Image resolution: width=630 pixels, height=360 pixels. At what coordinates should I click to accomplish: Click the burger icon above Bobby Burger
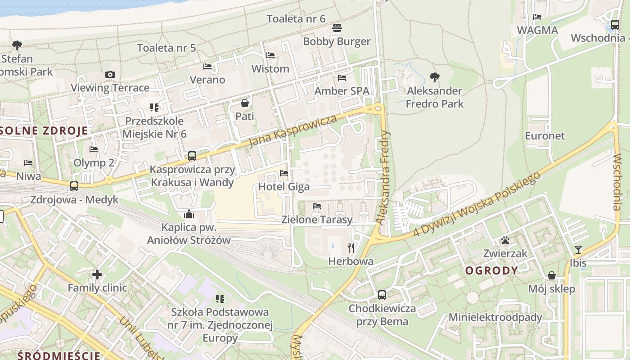click(337, 28)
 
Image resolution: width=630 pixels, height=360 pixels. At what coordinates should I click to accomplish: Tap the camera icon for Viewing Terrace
click(110, 74)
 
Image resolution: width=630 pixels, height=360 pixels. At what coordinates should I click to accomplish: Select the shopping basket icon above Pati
click(245, 103)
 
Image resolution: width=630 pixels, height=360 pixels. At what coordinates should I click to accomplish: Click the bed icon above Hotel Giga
click(283, 173)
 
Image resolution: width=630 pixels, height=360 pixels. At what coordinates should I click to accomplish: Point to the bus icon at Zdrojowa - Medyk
click(74, 186)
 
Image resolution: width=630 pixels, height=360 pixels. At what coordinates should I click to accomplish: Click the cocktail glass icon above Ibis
click(578, 249)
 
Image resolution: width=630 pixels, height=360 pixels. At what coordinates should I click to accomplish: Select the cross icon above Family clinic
click(97, 274)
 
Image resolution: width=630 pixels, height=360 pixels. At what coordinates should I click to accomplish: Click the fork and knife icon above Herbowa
click(351, 247)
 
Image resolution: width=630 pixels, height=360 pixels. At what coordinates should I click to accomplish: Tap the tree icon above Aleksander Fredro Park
click(434, 77)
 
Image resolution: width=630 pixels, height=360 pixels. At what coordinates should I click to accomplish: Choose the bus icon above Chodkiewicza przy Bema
click(382, 295)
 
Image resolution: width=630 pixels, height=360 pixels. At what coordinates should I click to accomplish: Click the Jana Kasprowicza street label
click(293, 131)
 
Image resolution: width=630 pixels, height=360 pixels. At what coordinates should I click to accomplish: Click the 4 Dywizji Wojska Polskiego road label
click(477, 204)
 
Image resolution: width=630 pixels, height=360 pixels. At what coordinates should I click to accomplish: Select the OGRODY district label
click(491, 270)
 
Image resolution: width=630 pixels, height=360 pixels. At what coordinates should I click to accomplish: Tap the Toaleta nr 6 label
click(296, 19)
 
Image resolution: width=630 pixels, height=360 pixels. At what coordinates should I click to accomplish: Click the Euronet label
click(544, 135)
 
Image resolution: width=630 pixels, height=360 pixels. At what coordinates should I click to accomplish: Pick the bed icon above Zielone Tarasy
click(317, 206)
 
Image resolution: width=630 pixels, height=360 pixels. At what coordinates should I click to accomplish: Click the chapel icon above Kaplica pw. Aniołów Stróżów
click(189, 213)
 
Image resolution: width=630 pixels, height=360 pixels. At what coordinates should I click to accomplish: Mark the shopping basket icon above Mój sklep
click(552, 275)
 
